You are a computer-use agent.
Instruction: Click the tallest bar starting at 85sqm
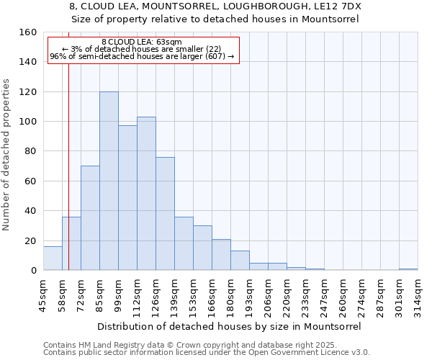click(x=109, y=181)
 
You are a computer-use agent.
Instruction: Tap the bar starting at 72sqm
click(x=90, y=217)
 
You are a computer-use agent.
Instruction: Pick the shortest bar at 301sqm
click(x=408, y=269)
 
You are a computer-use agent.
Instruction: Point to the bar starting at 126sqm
click(x=165, y=213)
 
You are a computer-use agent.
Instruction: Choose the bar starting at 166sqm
click(x=221, y=254)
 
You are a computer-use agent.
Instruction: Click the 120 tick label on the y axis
click(x=28, y=92)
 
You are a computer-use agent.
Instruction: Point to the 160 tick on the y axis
click(x=28, y=32)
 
